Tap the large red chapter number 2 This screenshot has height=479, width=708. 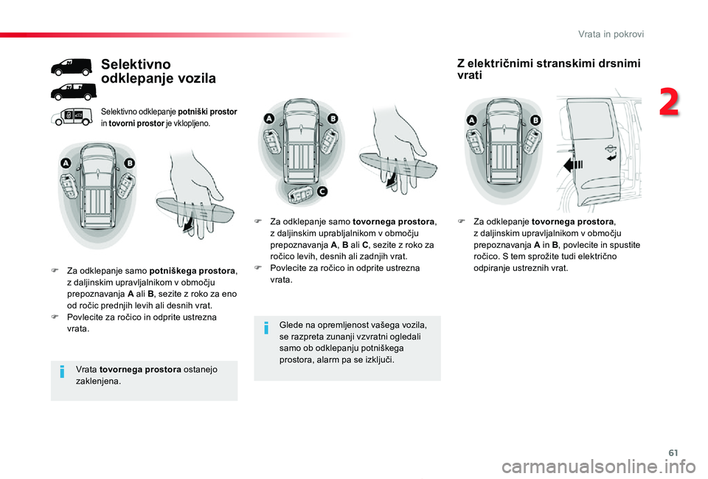pyautogui.click(x=670, y=104)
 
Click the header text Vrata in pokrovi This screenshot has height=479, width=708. pyautogui.click(x=611, y=34)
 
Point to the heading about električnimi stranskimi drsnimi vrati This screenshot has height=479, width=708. pyautogui.click(x=549, y=69)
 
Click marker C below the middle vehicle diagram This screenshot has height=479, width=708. pyautogui.click(x=322, y=191)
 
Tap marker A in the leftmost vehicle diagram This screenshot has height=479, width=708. pyautogui.click(x=66, y=163)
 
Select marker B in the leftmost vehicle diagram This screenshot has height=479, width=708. pyautogui.click(x=130, y=163)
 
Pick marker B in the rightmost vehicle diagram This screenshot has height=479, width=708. pyautogui.click(x=535, y=120)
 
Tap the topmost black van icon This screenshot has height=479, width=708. pyautogui.click(x=72, y=68)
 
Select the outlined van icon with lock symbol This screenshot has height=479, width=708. pyautogui.click(x=72, y=116)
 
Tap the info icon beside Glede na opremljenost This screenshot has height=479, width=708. pyautogui.click(x=266, y=330)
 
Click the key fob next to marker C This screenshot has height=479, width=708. pyautogui.click(x=301, y=195)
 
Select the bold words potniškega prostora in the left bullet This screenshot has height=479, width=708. pyautogui.click(x=192, y=271)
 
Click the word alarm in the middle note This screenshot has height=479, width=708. pyautogui.click(x=326, y=359)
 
